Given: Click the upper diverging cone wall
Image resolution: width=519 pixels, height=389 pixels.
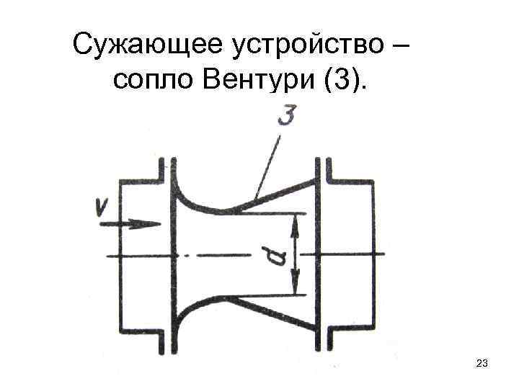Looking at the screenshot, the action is (278, 191).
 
